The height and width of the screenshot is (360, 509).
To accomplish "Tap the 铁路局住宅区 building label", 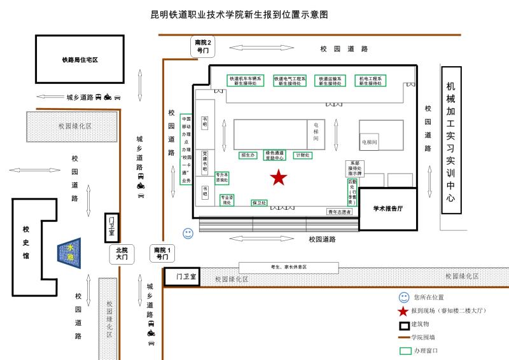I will pos(80,60).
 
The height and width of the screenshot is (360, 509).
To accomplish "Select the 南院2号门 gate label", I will pos(203,45).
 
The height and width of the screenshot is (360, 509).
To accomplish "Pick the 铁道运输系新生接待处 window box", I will pos(331,81).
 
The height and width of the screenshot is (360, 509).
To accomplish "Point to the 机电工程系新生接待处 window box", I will pos(371,81).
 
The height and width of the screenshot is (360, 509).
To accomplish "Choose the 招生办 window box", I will pos(247,155).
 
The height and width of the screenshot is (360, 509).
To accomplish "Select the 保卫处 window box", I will pos(259,203).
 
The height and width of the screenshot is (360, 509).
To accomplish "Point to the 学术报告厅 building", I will pos(388,208).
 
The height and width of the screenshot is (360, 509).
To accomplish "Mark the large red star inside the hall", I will pos(278,177).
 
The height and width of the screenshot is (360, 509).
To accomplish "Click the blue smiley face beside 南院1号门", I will pos(188,233).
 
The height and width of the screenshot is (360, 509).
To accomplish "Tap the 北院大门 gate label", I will pos(122,254).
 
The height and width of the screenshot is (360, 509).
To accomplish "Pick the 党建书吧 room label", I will pos(205,162).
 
